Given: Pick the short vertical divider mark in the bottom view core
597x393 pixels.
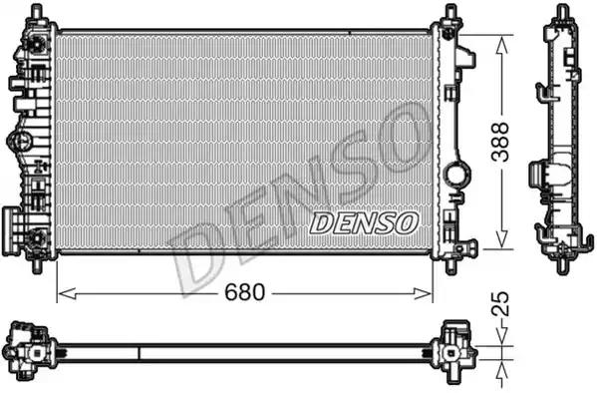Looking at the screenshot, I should coord(138,351).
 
